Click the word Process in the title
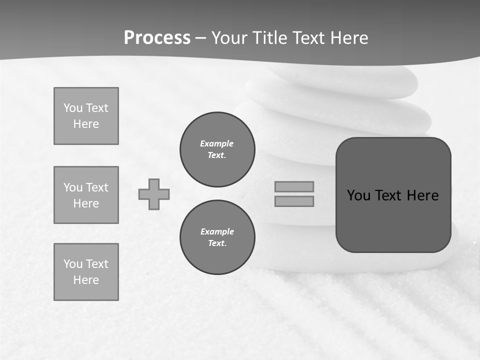(x=157, y=38)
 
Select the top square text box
(x=86, y=116)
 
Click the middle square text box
(x=86, y=195)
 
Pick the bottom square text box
(x=86, y=272)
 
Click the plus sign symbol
(x=154, y=194)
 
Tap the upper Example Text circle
(x=217, y=149)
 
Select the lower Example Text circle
(x=217, y=237)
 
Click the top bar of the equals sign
(x=294, y=186)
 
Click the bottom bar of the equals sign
(x=294, y=201)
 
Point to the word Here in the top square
(x=86, y=124)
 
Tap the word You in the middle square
(x=72, y=187)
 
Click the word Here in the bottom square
(x=86, y=280)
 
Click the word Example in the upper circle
(x=217, y=143)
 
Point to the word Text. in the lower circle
(x=217, y=243)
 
